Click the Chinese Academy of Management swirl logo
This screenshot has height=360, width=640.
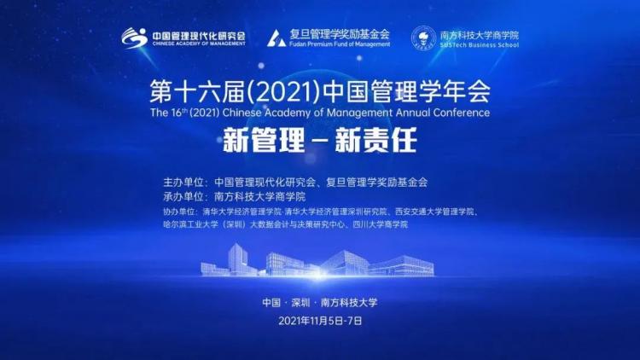(134, 38)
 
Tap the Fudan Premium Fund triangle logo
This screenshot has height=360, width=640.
(276, 38)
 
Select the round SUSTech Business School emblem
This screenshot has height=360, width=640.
(423, 38)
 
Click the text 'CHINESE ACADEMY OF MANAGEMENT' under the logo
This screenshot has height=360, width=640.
(199, 44)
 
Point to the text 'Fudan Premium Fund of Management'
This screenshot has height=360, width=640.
(340, 44)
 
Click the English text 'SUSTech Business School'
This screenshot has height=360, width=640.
(480, 45)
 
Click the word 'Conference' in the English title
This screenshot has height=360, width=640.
(462, 113)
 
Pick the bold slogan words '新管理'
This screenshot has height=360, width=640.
(264, 140)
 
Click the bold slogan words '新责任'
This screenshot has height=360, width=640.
(375, 140)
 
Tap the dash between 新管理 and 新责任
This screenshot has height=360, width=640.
(320, 142)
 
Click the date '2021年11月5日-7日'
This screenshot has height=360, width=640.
(320, 321)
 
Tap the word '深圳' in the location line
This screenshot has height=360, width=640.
(301, 303)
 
